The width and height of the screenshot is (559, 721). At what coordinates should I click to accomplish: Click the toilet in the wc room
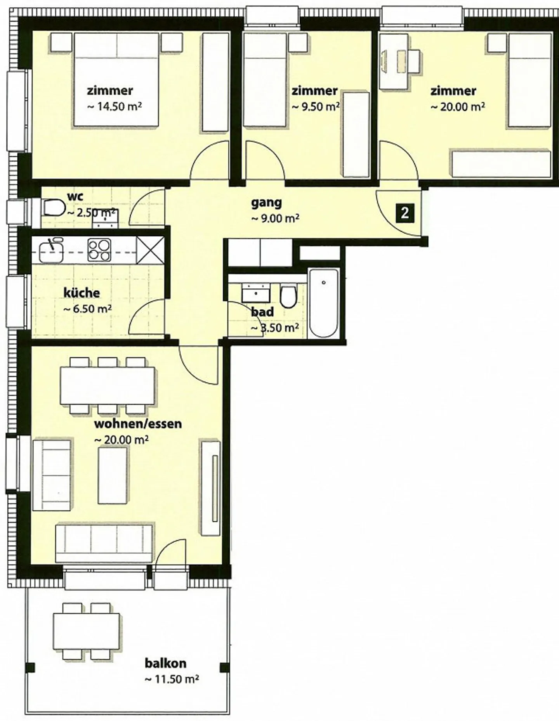(53, 208)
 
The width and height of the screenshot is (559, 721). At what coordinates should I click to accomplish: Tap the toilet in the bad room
(288, 297)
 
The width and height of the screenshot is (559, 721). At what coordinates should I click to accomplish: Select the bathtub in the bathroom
(323, 303)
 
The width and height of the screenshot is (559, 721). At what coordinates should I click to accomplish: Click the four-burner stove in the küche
(99, 250)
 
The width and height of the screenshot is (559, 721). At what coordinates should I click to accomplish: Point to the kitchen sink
(51, 250)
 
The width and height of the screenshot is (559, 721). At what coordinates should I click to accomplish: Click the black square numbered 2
(405, 213)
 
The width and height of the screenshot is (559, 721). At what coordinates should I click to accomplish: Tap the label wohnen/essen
(138, 423)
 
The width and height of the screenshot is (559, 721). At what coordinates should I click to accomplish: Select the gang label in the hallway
(266, 203)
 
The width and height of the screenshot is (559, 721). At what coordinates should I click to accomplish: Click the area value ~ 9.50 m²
(316, 106)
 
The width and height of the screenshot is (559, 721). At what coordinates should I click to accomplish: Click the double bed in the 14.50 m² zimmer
(116, 80)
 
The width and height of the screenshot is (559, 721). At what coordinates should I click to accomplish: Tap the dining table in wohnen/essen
(108, 385)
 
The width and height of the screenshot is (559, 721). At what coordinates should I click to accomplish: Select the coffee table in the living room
(113, 475)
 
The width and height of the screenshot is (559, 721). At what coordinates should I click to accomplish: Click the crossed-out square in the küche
(151, 250)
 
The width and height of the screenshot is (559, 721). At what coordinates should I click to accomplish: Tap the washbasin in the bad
(256, 293)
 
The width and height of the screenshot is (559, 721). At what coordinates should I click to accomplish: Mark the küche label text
(82, 293)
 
